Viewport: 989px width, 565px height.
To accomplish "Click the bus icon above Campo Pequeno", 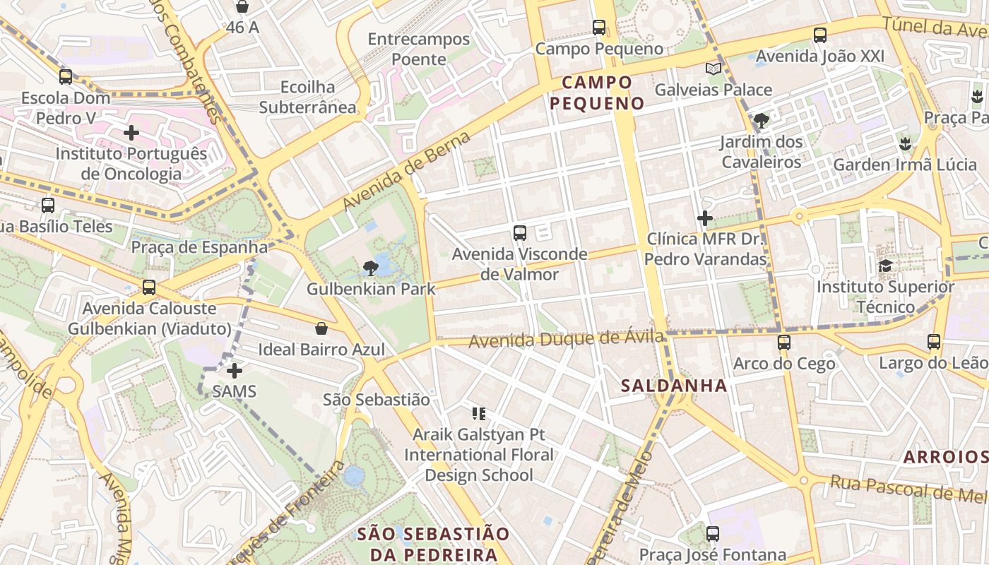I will point(599,28).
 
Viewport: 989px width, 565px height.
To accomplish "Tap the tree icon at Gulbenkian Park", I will point(369,268).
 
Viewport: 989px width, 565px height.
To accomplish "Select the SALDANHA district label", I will point(674,386).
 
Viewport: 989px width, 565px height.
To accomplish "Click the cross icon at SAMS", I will point(235,370).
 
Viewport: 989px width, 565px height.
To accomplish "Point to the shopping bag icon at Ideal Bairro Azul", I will point(321,328).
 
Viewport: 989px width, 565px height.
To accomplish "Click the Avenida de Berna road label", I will point(406,171).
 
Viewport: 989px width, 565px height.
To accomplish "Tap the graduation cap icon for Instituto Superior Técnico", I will point(885,266).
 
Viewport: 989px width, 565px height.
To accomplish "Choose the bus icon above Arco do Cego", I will point(784,343).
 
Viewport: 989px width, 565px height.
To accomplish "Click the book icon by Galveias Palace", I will point(713,69).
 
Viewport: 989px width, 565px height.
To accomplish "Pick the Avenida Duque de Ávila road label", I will point(567,340).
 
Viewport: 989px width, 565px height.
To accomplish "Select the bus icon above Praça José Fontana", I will point(713,533).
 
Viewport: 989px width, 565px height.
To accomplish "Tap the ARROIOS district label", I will point(945,457).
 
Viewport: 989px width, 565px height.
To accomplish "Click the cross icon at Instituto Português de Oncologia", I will point(131,133).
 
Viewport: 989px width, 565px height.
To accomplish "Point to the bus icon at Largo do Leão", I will point(934,342).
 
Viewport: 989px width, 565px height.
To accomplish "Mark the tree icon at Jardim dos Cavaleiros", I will point(761,121).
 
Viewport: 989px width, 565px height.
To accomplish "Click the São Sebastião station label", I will point(376,400).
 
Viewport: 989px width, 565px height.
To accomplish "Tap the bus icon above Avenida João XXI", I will point(820,35).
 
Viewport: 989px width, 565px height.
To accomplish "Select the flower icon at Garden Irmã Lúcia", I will point(904,145).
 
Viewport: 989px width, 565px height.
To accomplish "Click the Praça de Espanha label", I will point(199,247).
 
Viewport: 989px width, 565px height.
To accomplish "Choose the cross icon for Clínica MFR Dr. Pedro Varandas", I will point(705,218).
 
